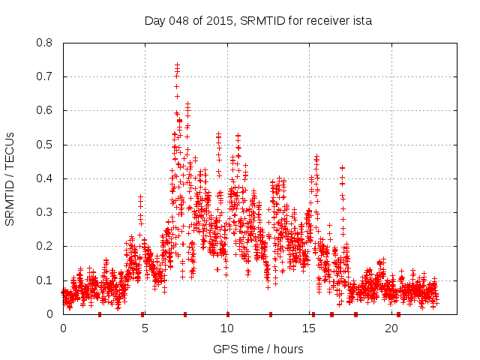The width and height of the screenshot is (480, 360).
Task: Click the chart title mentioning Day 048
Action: point(258,20)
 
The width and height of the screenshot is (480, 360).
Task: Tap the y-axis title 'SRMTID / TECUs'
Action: point(10,178)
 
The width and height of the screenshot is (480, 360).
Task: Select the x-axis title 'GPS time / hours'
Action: point(258,349)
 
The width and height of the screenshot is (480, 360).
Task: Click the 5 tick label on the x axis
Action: point(145,328)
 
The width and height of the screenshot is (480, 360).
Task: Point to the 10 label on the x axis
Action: point(227,328)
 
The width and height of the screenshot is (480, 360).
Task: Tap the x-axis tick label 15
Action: point(310,328)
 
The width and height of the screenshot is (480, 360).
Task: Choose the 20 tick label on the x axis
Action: point(391,328)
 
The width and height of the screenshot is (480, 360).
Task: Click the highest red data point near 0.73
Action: point(177,65)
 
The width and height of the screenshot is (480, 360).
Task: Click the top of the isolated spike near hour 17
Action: point(342,168)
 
